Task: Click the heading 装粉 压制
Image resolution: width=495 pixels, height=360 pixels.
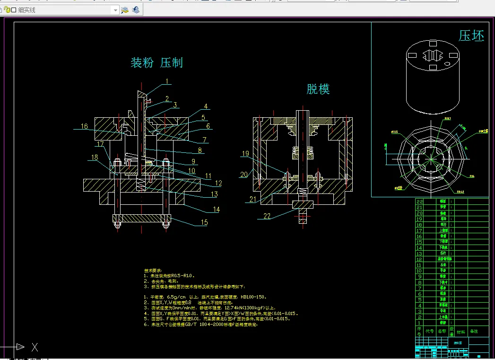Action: point(156,62)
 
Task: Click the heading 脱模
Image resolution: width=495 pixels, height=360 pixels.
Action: point(318,89)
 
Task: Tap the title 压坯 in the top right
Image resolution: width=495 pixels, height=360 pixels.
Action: point(471,36)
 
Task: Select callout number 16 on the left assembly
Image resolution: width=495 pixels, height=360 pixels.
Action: point(84,126)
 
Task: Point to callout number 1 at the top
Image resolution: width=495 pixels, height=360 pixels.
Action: point(167,81)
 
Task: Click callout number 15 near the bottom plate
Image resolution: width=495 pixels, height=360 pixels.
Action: point(204,222)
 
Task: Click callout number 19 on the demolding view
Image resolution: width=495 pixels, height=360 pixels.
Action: point(245,154)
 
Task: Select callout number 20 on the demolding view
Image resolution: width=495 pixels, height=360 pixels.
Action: point(244,175)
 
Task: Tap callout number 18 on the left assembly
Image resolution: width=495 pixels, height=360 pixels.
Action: point(95,157)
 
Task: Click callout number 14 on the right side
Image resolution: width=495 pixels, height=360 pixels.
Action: point(216,209)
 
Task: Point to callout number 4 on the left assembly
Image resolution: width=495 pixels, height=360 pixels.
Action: point(206,106)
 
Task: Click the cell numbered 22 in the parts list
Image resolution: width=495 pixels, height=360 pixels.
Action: point(419,202)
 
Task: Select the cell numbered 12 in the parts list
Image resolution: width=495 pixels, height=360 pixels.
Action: point(419,259)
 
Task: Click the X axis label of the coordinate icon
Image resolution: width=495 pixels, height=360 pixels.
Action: point(35,347)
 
